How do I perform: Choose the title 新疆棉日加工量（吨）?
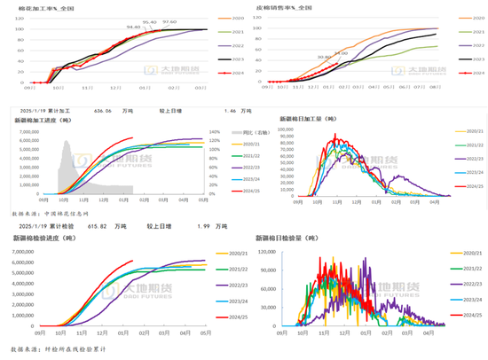point(310,117)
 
